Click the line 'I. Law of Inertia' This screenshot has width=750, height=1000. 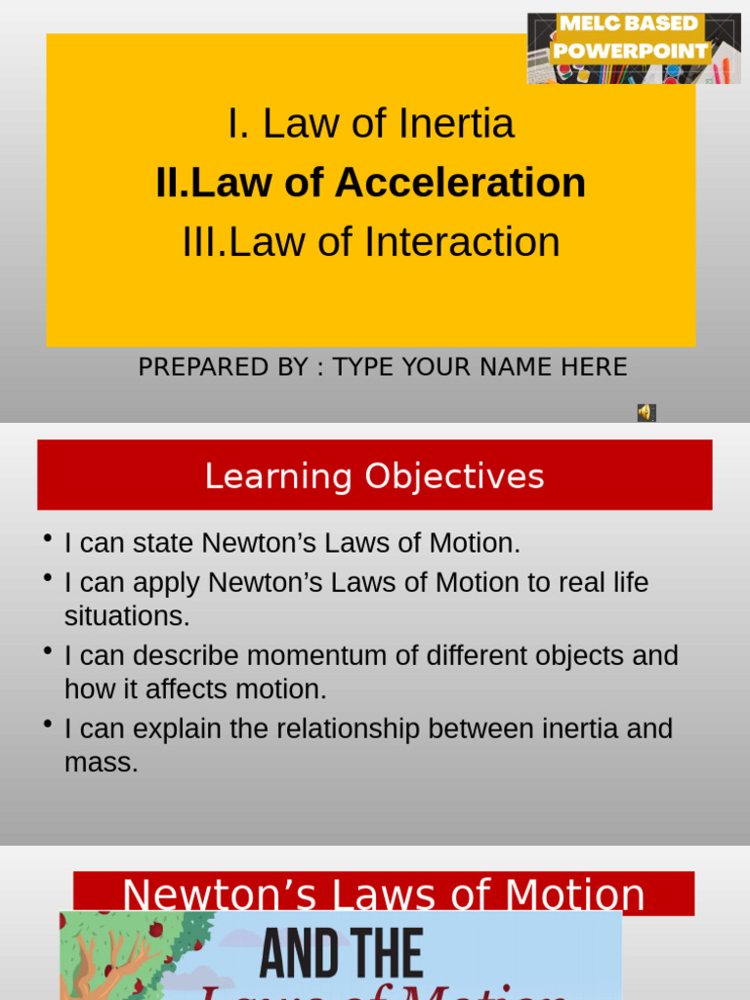(x=370, y=124)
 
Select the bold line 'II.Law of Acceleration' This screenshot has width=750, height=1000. (x=370, y=183)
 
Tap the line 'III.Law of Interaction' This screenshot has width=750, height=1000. (x=370, y=242)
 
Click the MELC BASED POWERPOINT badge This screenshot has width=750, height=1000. (x=633, y=48)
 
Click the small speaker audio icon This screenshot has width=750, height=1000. (x=646, y=413)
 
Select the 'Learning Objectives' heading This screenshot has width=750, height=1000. (x=374, y=477)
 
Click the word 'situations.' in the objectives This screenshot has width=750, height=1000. (x=127, y=616)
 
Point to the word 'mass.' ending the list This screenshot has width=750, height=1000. (x=101, y=763)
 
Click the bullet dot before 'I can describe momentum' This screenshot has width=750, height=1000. (x=47, y=650)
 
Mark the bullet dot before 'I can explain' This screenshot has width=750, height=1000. (x=47, y=724)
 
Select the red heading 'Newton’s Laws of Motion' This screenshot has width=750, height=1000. (x=383, y=894)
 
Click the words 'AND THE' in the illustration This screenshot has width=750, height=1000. (x=341, y=955)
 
